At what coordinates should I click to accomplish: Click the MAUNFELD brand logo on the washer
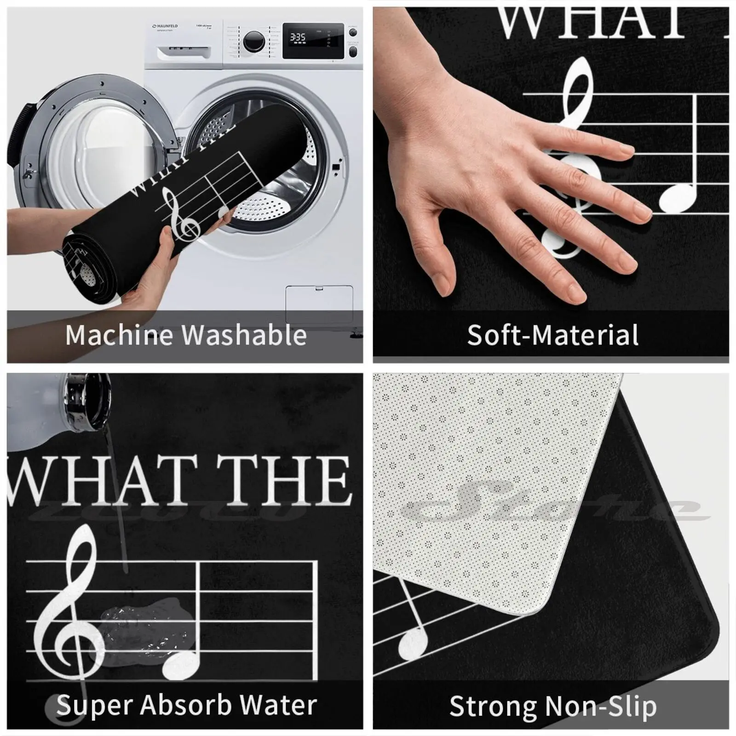click(165, 26)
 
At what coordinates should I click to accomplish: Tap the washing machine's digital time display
click(298, 37)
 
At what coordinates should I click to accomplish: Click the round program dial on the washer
click(253, 42)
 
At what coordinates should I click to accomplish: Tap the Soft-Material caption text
click(552, 335)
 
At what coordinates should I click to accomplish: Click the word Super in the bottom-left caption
click(92, 705)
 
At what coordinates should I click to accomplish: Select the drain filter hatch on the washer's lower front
click(319, 304)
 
